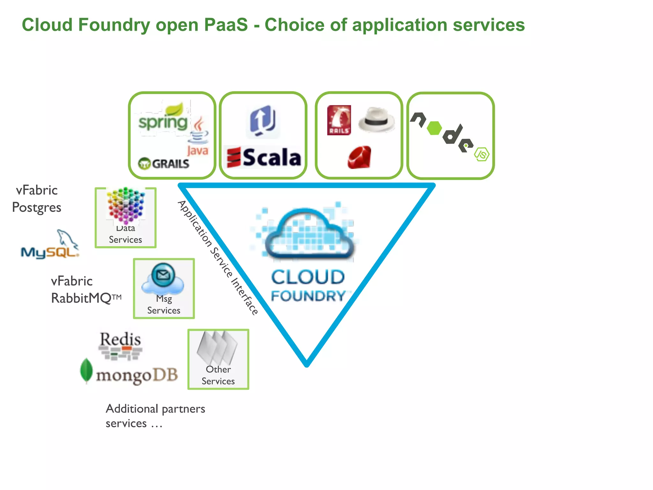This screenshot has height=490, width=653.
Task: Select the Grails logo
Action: (x=164, y=164)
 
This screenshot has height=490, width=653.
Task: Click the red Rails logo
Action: (x=339, y=120)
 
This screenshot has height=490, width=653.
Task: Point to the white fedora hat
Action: (x=377, y=120)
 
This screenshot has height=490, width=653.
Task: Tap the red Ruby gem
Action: (x=360, y=157)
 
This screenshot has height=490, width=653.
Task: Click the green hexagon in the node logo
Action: (x=434, y=128)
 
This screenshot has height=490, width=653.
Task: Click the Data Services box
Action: (x=126, y=218)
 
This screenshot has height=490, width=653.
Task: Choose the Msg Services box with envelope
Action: (x=164, y=288)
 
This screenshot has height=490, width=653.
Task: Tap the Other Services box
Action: (x=218, y=359)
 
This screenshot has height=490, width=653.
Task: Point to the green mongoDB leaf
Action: (x=86, y=370)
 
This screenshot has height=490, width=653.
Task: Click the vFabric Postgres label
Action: (x=36, y=199)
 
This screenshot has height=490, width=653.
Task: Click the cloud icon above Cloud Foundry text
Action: (x=309, y=233)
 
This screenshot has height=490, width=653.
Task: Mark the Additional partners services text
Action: (x=155, y=416)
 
